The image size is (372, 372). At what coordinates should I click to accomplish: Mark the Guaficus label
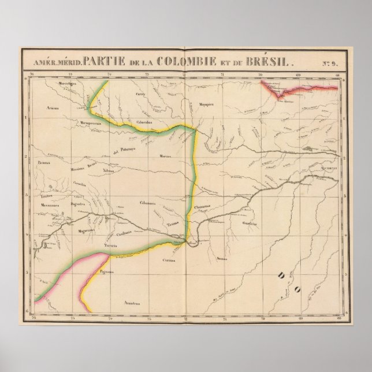[x=250, y=222]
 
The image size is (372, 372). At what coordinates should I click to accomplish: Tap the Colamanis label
[x=148, y=202]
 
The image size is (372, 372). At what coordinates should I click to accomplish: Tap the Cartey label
[x=139, y=93]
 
